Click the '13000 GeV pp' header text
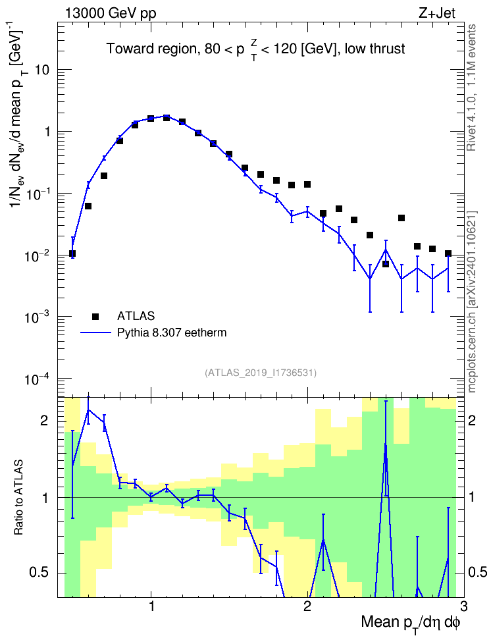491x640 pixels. [110, 13]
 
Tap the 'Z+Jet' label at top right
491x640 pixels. [437, 13]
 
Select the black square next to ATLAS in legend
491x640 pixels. [95, 316]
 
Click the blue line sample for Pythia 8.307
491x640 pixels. [95, 333]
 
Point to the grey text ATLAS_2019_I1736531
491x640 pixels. [261, 373]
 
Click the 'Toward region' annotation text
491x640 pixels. [152, 49]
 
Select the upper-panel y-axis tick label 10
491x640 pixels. [42, 70]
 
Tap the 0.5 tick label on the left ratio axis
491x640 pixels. [39, 573]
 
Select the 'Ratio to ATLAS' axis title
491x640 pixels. [18, 498]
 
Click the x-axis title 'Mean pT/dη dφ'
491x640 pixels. [411, 624]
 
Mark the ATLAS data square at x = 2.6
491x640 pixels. [401, 218]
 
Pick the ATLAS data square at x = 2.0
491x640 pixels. [307, 184]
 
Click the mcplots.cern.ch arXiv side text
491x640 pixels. [472, 302]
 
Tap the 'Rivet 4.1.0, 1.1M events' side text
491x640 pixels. [472, 88]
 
